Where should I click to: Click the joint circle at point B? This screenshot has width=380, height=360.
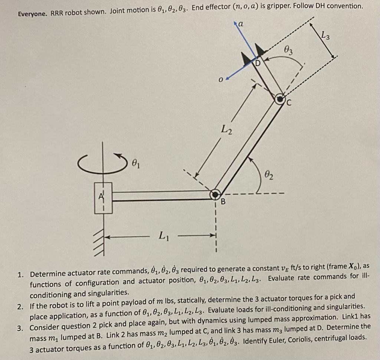215,194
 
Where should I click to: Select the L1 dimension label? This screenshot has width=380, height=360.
163,235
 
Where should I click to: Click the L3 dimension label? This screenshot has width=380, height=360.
325,36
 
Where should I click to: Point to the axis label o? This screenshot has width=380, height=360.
220,79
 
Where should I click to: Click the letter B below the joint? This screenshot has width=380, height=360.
223,202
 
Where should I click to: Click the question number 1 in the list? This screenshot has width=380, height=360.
21,275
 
